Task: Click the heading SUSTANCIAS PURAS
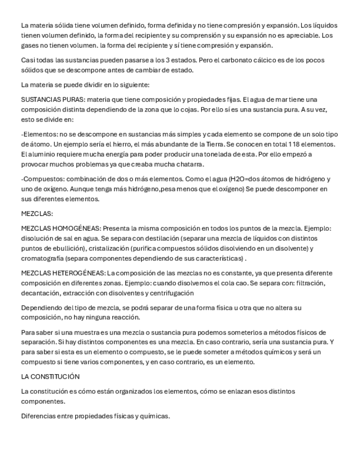click(x=52, y=99)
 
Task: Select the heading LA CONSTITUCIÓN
click(x=50, y=376)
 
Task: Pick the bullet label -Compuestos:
click(x=43, y=179)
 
